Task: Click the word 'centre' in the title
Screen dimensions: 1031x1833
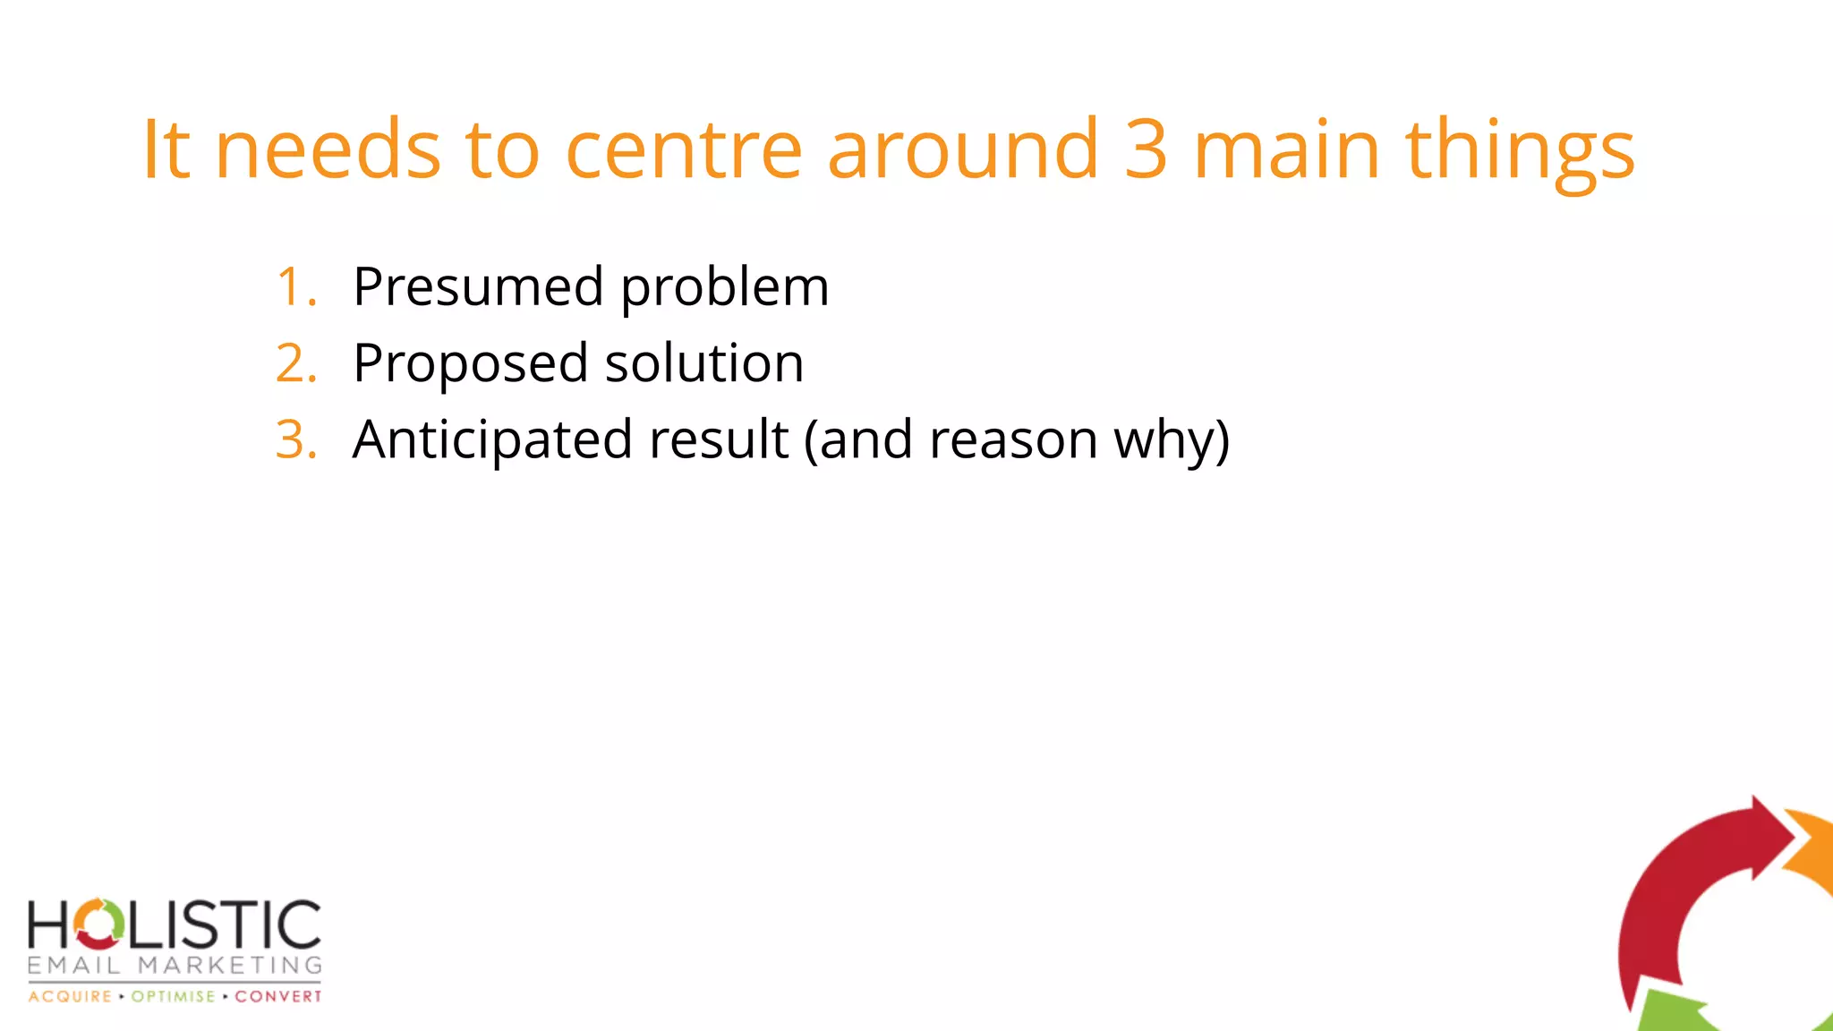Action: click(684, 149)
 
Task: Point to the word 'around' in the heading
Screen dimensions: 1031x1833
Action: click(962, 149)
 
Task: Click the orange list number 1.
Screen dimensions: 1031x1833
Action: click(295, 287)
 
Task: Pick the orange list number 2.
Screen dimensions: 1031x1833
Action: click(295, 363)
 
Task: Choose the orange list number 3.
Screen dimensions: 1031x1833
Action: click(295, 439)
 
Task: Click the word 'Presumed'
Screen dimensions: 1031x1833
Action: click(478, 287)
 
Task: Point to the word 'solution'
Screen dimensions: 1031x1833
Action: click(704, 363)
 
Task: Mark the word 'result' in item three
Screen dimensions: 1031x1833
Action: click(719, 439)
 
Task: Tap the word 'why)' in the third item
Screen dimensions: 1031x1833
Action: click(1172, 441)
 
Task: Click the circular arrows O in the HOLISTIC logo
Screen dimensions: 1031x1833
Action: click(98, 924)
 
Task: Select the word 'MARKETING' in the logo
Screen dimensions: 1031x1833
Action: click(230, 966)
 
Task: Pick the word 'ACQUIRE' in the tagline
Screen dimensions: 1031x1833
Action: click(70, 997)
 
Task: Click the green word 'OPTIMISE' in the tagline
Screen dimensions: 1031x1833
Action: click(173, 997)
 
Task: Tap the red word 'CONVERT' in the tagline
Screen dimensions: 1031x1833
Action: click(277, 997)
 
